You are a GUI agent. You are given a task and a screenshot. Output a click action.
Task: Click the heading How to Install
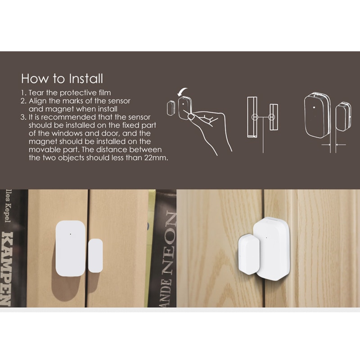click(x=62, y=78)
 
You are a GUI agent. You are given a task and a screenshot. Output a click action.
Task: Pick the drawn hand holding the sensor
click(x=209, y=126)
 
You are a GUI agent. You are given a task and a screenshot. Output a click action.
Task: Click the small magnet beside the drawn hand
click(x=171, y=108)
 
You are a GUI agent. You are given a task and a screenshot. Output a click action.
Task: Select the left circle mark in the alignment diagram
click(x=254, y=117)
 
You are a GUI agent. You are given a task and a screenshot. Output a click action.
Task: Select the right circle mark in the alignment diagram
click(x=271, y=117)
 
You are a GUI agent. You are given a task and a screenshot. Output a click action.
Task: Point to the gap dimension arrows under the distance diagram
click(x=333, y=144)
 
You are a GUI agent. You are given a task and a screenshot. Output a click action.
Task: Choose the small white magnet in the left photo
click(x=95, y=255)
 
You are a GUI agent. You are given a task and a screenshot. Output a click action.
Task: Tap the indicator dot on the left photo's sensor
click(x=71, y=234)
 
